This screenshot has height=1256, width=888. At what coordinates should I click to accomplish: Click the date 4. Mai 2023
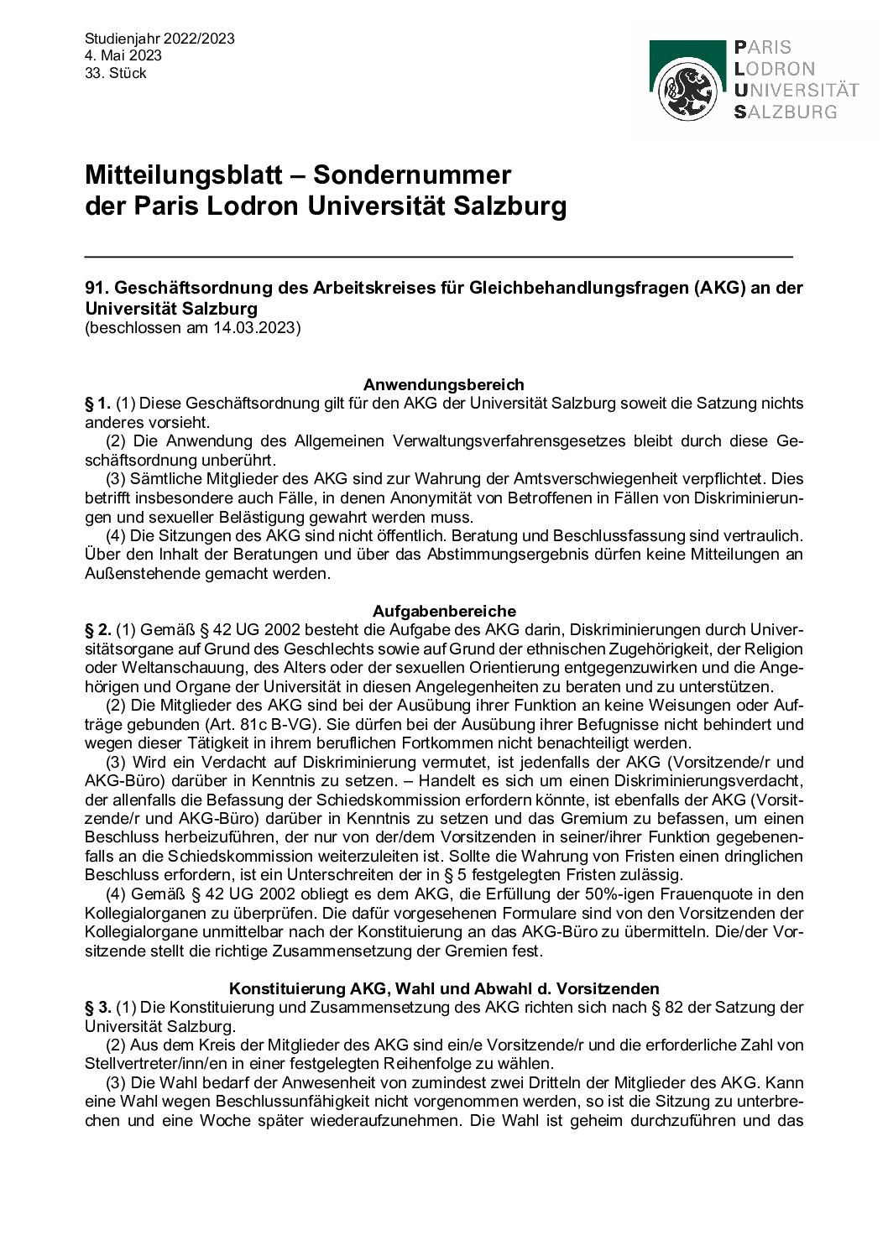click(123, 55)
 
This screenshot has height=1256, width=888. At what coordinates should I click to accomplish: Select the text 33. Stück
click(116, 73)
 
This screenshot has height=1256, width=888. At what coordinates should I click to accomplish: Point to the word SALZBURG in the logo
click(785, 112)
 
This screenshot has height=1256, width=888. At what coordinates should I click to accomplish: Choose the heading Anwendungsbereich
click(444, 384)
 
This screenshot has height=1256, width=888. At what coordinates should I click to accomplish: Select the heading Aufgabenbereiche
click(444, 610)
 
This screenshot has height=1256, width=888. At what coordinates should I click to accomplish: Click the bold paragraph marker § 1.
click(97, 404)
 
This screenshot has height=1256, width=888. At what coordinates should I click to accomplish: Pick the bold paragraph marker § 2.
click(97, 629)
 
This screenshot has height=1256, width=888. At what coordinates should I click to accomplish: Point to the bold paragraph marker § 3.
click(97, 1007)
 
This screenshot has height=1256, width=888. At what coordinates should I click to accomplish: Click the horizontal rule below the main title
click(439, 254)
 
